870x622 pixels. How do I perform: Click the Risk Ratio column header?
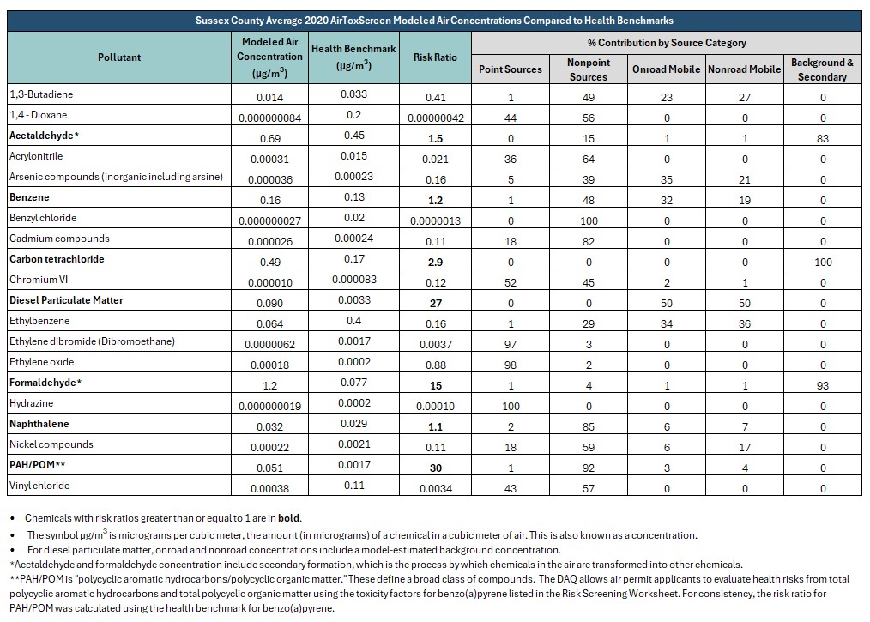point(435,57)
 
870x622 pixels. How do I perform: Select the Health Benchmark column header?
point(353,57)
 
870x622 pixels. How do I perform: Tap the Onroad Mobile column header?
point(667,69)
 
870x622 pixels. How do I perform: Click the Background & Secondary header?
point(822,69)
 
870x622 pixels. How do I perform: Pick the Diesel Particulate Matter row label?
point(66,300)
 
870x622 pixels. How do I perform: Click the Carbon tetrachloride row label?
point(57,259)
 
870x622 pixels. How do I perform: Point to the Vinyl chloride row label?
point(39,486)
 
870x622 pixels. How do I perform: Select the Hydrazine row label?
point(31,403)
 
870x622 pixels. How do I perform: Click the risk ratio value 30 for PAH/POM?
point(436,468)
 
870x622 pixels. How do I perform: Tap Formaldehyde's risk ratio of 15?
point(436,385)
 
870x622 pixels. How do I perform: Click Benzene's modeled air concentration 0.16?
point(269,200)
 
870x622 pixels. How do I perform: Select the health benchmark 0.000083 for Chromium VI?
point(354,280)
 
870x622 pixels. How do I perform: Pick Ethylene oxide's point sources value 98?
point(511,365)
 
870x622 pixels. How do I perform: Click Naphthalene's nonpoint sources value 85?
point(589,426)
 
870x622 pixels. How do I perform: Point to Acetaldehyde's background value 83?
point(822,139)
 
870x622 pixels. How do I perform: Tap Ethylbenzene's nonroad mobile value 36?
point(745,324)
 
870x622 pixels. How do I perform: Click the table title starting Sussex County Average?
point(434,21)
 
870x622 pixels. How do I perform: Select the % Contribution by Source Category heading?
point(667,43)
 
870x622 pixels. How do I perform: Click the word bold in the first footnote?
point(288,518)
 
